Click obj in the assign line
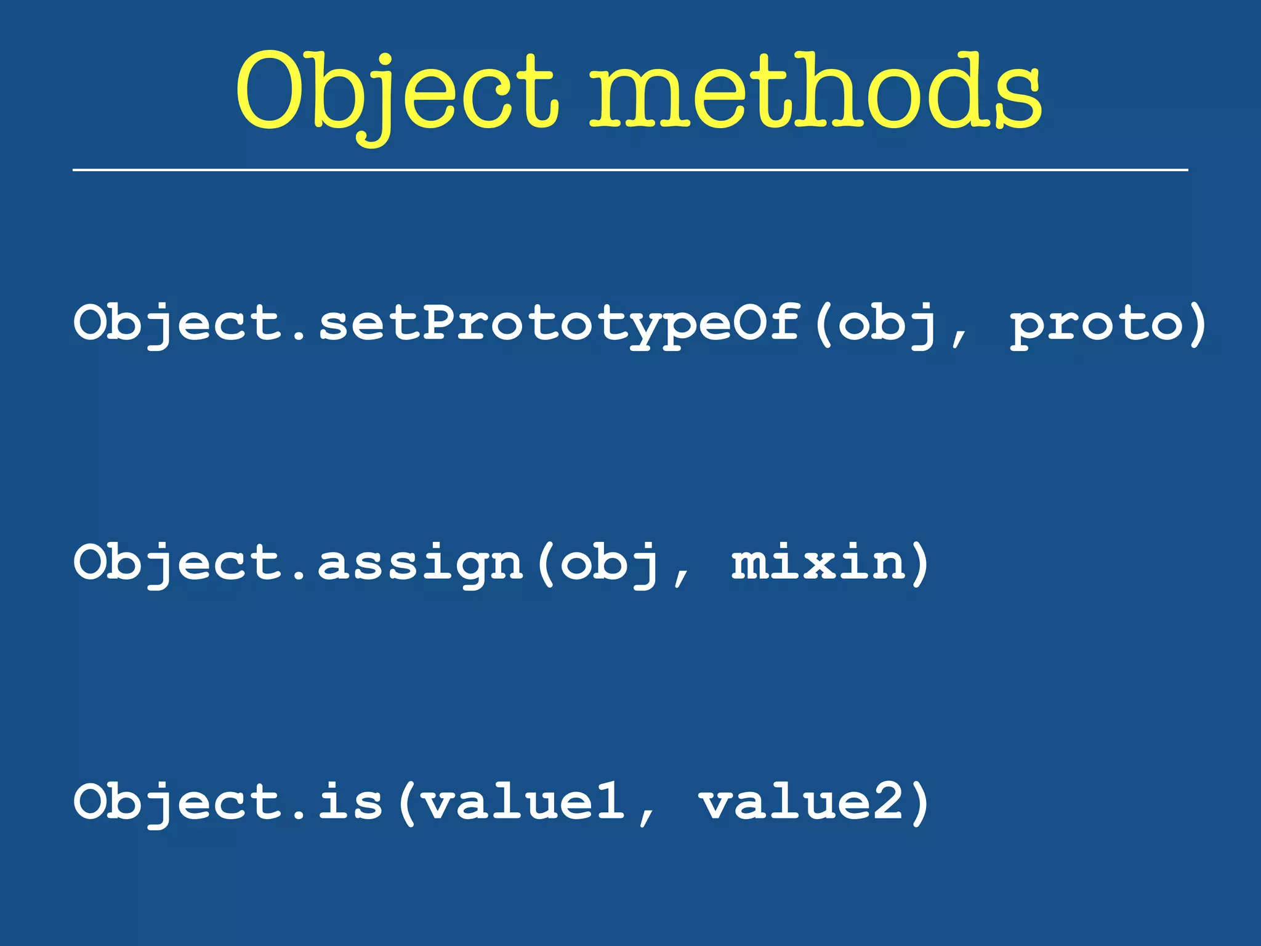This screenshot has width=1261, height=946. (609, 564)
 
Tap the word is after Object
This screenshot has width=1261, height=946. (350, 802)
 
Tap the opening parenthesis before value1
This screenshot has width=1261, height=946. (407, 803)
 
